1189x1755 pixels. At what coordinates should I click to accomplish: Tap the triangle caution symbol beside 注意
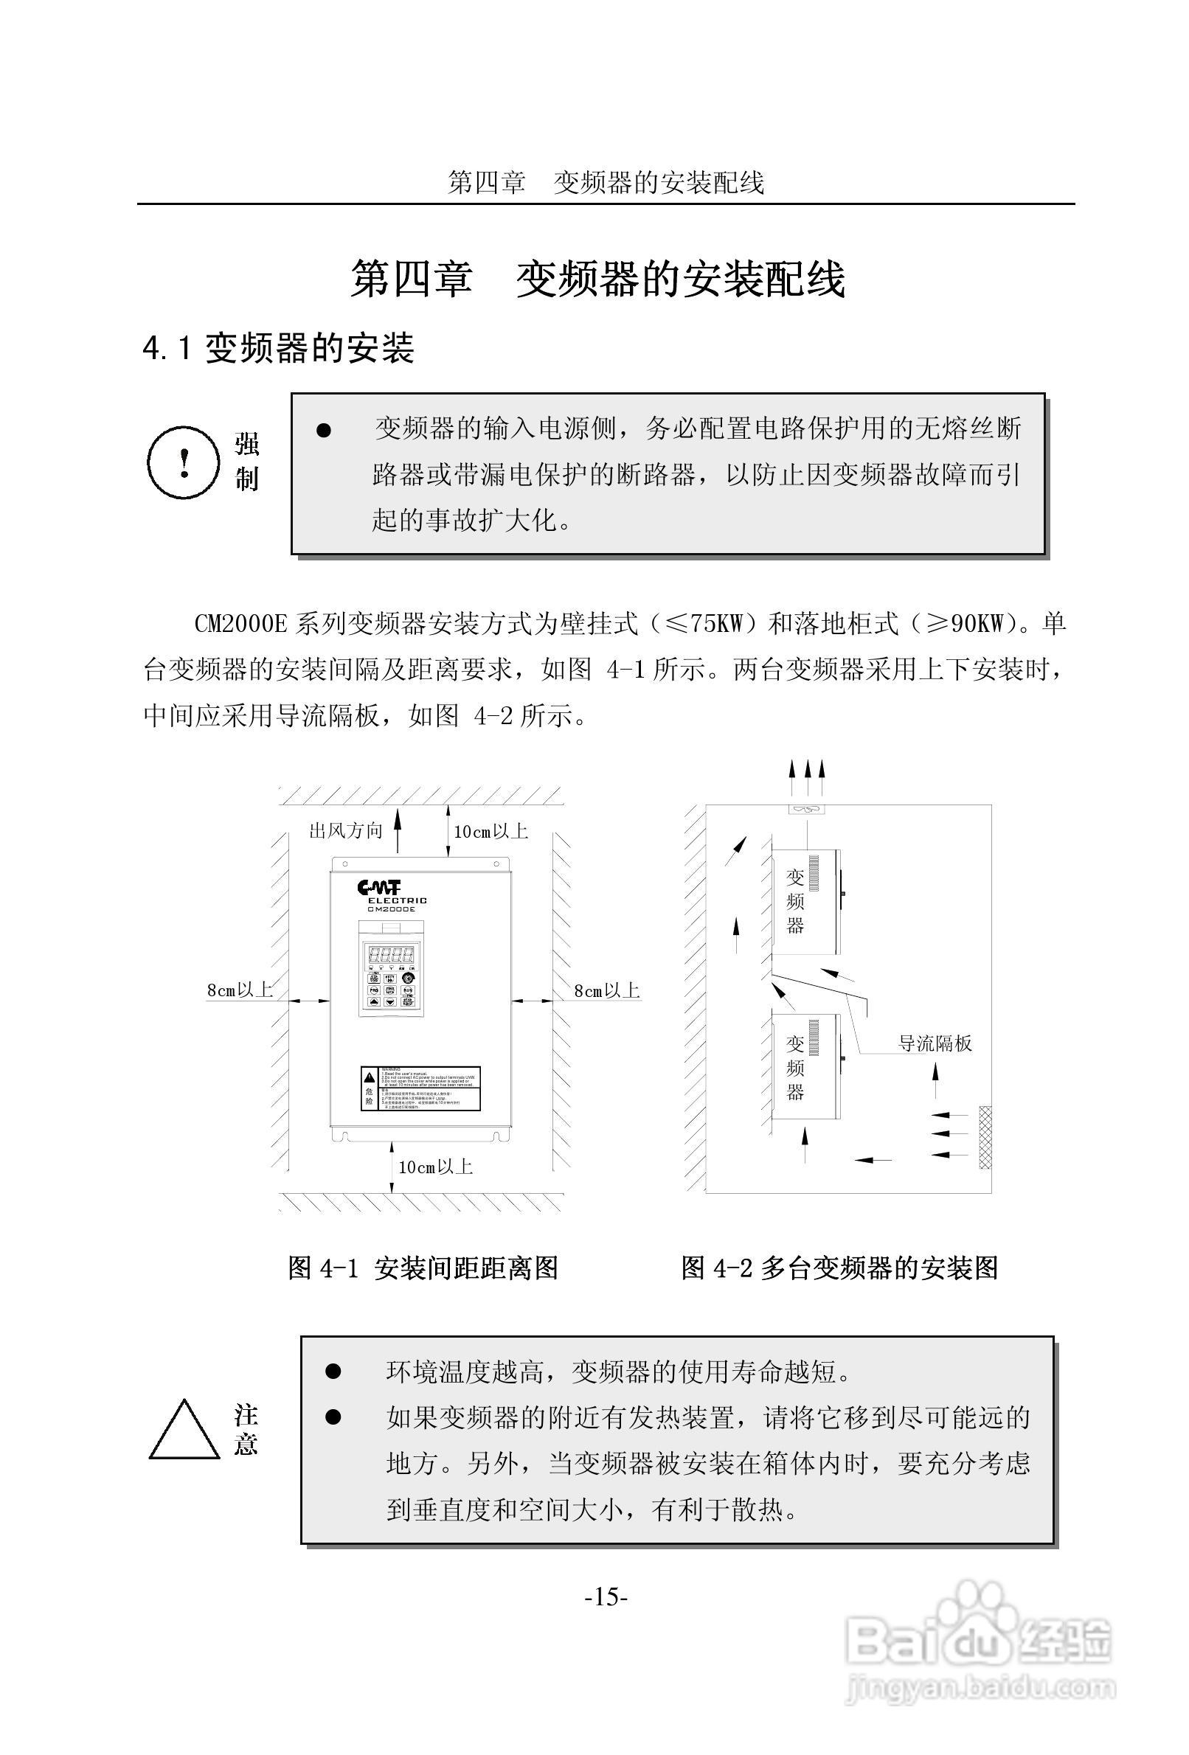[x=184, y=1432]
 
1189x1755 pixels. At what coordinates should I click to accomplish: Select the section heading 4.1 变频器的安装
[x=279, y=349]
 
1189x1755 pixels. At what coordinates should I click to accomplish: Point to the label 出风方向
[x=346, y=831]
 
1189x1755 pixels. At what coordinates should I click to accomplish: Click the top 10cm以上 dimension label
[x=490, y=832]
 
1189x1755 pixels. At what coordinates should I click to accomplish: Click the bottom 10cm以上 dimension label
[x=435, y=1167]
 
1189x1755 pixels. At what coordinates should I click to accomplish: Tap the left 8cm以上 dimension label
[x=240, y=990]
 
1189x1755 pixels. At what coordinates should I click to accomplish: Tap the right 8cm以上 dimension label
[x=606, y=991]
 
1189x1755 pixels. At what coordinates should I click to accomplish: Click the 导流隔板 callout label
[x=935, y=1043]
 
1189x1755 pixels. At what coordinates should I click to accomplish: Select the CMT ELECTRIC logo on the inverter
[x=392, y=896]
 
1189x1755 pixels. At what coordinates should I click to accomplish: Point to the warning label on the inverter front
[x=419, y=1088]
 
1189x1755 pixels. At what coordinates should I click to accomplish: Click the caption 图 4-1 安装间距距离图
[x=423, y=1268]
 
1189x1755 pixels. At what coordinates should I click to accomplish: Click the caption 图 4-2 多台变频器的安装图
[x=839, y=1268]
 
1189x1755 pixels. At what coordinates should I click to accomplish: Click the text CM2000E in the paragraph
[x=241, y=624]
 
